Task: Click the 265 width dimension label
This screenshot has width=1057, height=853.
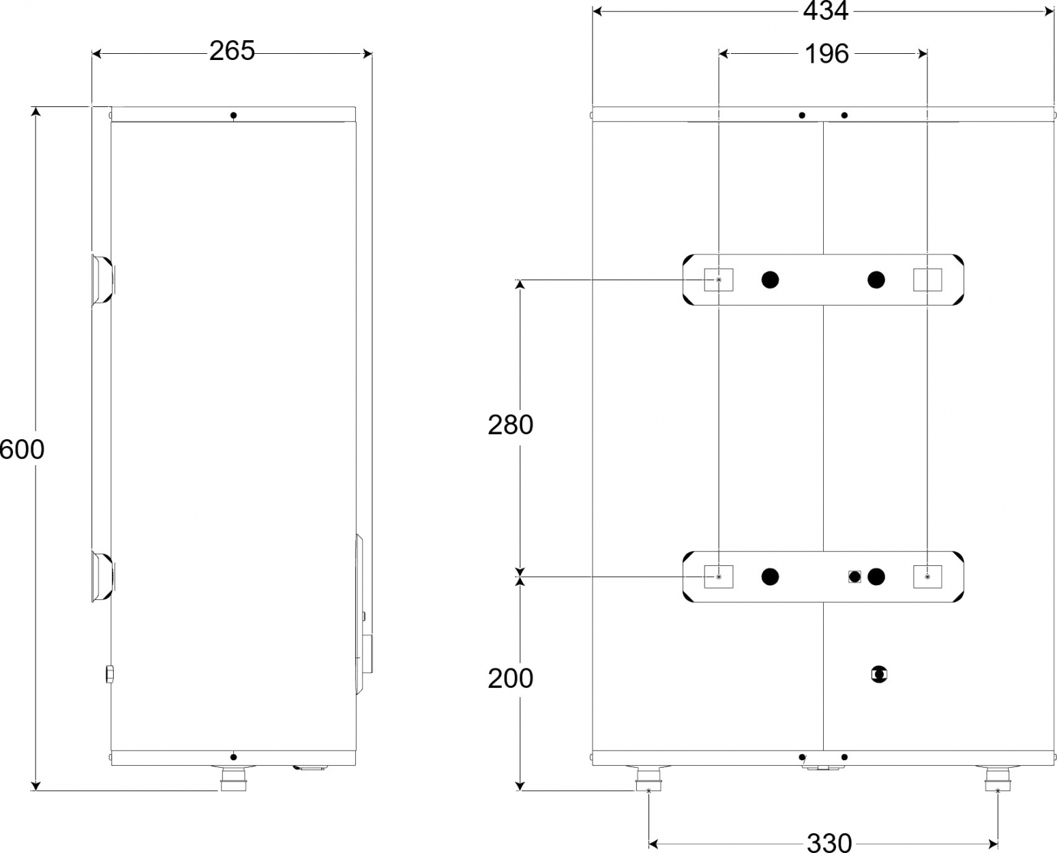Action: click(232, 50)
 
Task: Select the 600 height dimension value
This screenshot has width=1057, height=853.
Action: click(22, 449)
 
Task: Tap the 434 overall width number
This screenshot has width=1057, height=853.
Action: click(826, 11)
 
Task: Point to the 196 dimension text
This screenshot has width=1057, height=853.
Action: click(827, 54)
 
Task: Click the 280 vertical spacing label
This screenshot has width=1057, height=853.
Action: click(510, 425)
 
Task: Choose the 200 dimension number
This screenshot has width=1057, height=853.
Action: click(510, 678)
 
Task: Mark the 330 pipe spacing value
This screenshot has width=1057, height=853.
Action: click(829, 843)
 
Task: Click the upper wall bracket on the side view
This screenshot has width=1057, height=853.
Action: click(103, 280)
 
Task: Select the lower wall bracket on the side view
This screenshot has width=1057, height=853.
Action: click(103, 576)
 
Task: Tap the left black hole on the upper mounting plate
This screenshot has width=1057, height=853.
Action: click(770, 280)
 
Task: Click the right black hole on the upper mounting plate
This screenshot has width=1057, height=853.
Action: click(876, 280)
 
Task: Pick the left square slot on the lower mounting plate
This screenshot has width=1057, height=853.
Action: click(719, 577)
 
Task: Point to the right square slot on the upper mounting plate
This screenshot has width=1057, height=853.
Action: click(927, 280)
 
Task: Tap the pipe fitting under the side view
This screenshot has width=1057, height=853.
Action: click(233, 779)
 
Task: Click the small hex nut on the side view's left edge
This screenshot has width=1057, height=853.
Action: click(110, 674)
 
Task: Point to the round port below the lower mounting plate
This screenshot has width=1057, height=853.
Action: click(879, 674)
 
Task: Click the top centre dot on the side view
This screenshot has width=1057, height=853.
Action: click(233, 115)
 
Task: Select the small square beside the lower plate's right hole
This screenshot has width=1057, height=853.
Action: click(854, 577)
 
